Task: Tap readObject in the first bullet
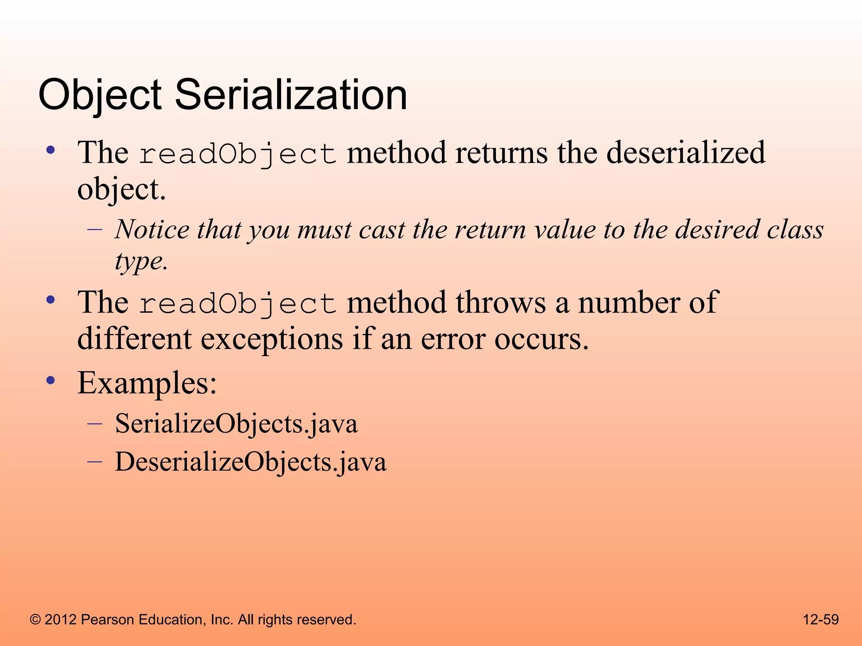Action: (237, 154)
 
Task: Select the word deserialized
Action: (686, 152)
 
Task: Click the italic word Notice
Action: (152, 230)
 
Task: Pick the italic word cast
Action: (382, 230)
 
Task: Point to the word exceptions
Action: (271, 339)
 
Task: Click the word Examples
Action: (147, 383)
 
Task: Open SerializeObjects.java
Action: (236, 424)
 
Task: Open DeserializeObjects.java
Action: (250, 462)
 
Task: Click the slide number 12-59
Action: (821, 620)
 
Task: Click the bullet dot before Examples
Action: (51, 381)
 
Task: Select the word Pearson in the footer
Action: (107, 620)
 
